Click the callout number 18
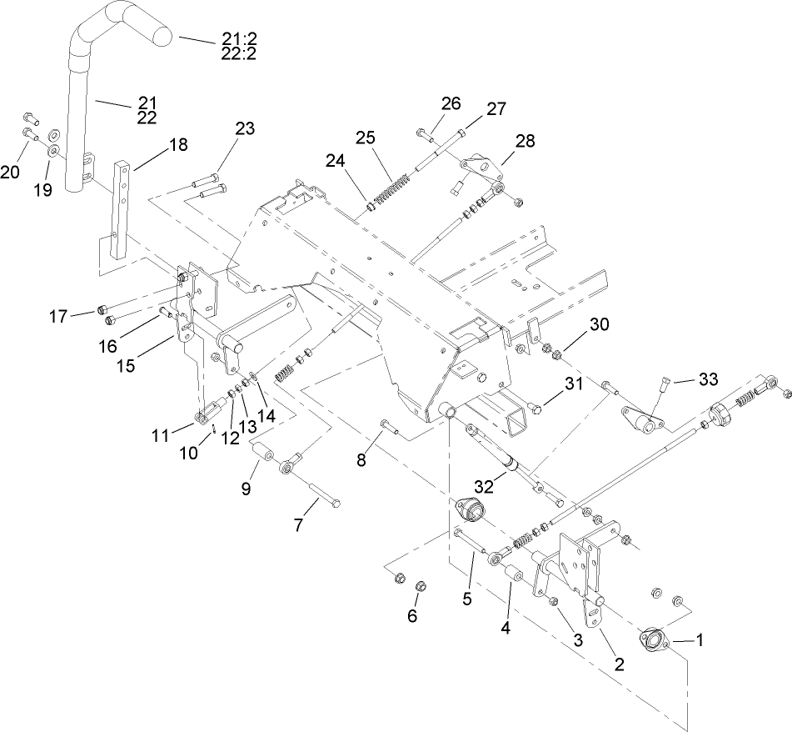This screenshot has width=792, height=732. pyautogui.click(x=178, y=144)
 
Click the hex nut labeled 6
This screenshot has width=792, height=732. pyautogui.click(x=420, y=585)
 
